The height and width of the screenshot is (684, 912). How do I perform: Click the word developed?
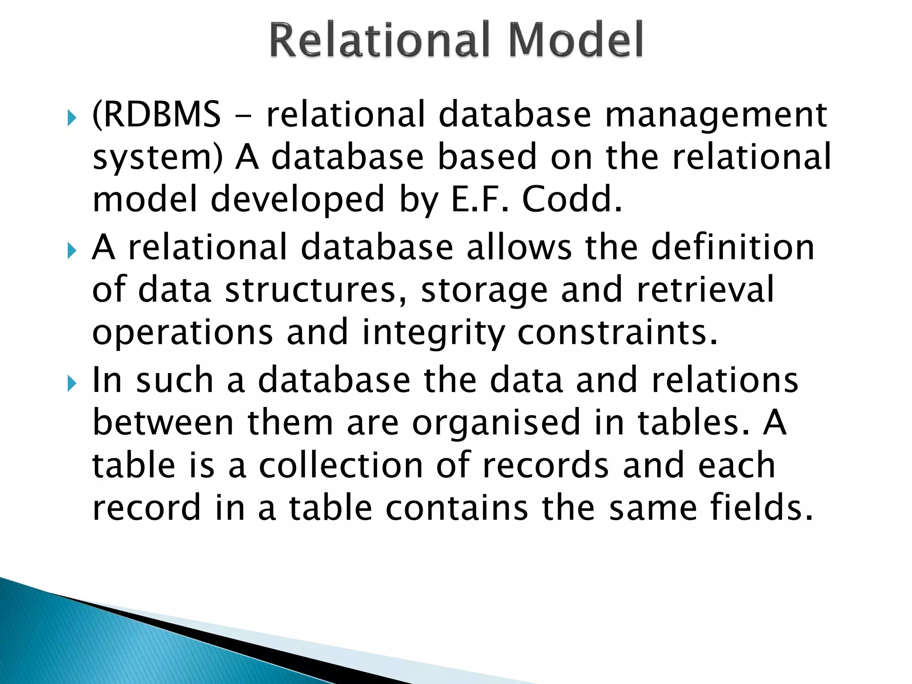tap(297, 200)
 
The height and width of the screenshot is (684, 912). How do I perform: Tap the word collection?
tap(341, 465)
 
